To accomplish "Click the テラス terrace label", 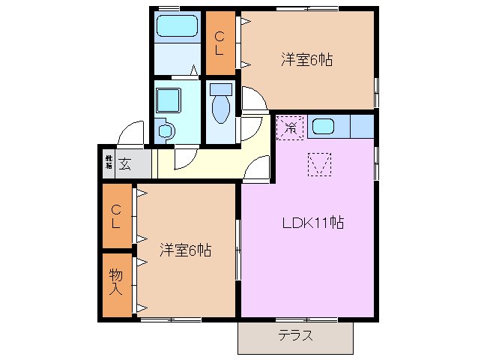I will (295, 335).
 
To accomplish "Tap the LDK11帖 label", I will (312, 223).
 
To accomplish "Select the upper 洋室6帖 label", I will (307, 60).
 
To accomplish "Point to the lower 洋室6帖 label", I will (185, 250).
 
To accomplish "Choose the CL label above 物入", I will (117, 216).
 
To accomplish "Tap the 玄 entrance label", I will (125, 164).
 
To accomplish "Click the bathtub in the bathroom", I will (177, 28).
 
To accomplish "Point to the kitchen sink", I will (324, 126).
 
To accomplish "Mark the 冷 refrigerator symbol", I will (290, 127).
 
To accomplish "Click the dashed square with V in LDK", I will (320, 164).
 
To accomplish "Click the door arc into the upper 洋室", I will (251, 100).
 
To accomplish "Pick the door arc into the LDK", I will (258, 169).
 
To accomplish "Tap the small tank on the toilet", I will (220, 89).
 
